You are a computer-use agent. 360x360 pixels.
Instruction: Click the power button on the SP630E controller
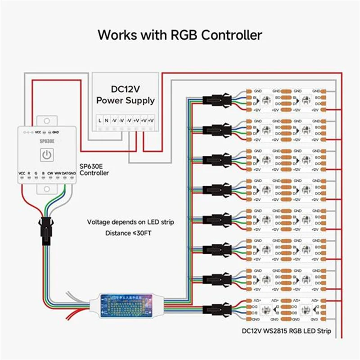(47, 155)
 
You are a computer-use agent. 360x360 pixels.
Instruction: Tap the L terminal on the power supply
(99, 120)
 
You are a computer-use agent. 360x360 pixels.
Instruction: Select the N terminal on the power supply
(106, 120)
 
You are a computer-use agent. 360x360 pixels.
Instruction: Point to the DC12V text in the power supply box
(125, 90)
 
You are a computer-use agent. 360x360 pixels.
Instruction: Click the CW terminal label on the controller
(50, 173)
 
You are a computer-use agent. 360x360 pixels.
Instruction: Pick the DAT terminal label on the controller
(65, 173)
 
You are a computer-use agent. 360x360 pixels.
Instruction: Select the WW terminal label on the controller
(58, 173)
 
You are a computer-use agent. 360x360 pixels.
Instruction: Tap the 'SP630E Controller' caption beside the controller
(94, 169)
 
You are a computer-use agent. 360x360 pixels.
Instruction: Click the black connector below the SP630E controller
(44, 230)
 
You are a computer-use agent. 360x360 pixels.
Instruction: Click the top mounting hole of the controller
(47, 121)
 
